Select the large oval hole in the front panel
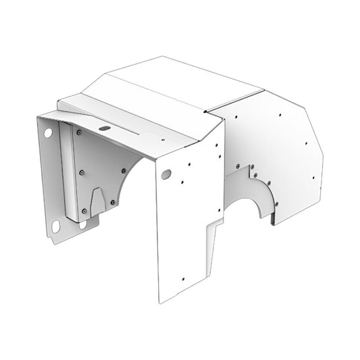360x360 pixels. [165, 174]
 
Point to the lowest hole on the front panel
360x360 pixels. [183, 276]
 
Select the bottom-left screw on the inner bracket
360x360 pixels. [84, 211]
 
